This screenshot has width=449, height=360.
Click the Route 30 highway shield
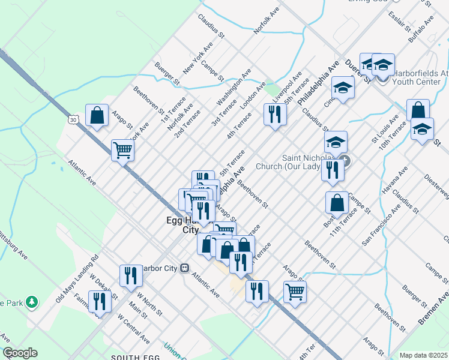(73, 120)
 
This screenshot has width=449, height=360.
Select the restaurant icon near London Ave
(275, 113)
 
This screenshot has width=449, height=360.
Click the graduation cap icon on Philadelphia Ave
(343, 88)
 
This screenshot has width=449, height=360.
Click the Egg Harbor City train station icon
(185, 268)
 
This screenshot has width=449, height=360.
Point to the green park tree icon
(31, 303)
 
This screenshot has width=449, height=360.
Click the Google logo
(20, 353)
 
